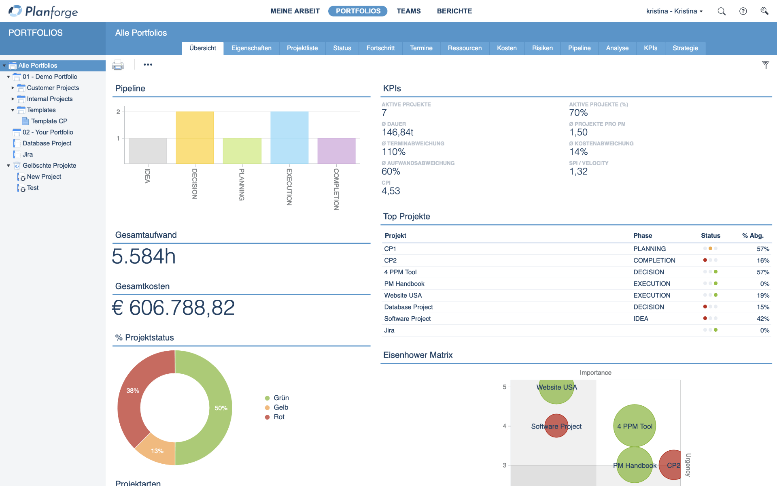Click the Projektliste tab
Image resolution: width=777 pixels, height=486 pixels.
(x=302, y=48)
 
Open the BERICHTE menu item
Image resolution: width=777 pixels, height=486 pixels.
(x=454, y=11)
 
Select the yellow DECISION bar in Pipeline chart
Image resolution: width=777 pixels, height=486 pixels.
(x=195, y=138)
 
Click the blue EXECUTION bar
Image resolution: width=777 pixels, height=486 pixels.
(x=289, y=138)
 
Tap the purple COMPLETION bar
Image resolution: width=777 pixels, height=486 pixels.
(x=336, y=151)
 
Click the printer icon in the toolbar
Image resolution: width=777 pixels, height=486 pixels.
(x=118, y=65)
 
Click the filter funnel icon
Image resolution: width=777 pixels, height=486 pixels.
(x=765, y=65)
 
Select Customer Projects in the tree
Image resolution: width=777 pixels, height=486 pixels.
(x=53, y=88)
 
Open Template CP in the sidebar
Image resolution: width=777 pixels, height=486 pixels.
(x=49, y=121)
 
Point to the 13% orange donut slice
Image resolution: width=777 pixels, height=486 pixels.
(x=156, y=449)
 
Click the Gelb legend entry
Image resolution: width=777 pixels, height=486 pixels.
(x=280, y=407)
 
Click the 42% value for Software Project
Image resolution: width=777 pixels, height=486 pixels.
(x=762, y=319)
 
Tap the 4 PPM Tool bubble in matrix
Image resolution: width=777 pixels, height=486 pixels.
(x=634, y=426)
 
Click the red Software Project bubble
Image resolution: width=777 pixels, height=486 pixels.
(x=556, y=426)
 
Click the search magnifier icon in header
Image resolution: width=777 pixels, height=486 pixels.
(x=721, y=11)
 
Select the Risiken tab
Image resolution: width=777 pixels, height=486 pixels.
(x=542, y=48)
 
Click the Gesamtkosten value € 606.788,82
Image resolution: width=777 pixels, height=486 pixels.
(x=173, y=308)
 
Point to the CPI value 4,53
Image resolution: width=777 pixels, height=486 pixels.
(x=391, y=191)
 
